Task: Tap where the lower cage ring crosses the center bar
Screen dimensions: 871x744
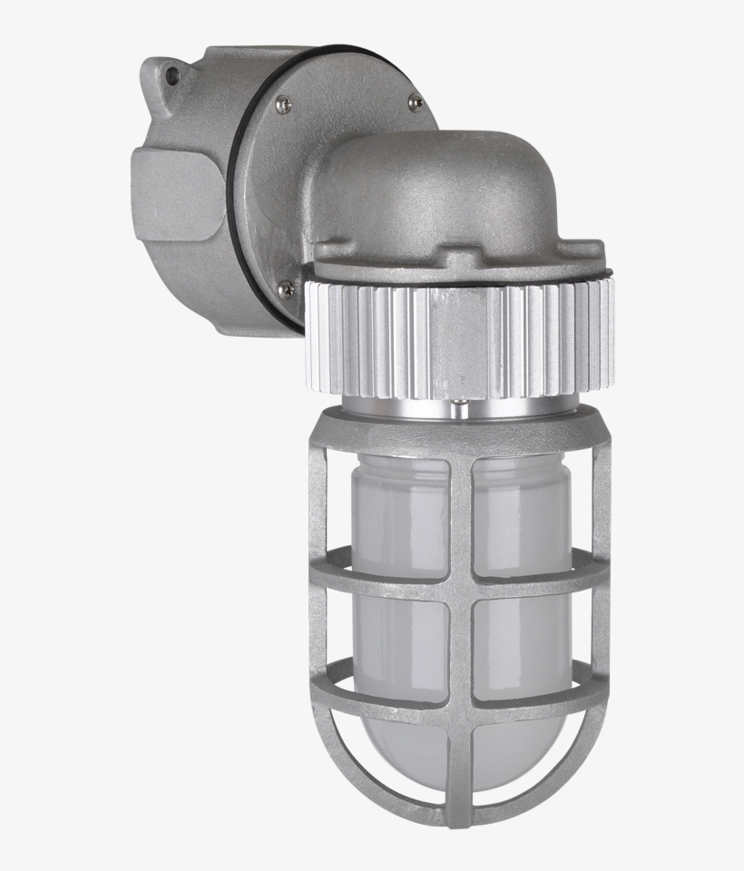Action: pos(460,697)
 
